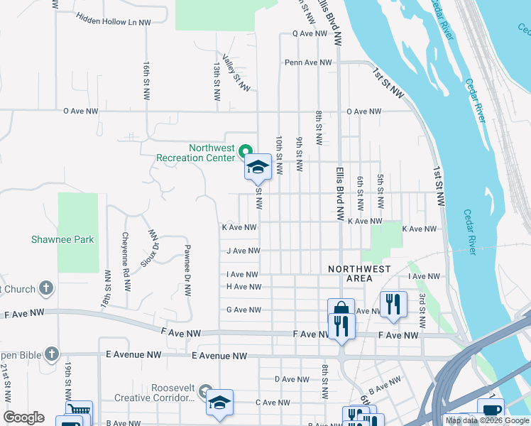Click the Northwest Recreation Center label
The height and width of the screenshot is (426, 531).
195,153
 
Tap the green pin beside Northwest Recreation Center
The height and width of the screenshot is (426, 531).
246,151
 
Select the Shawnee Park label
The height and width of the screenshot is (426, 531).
62,240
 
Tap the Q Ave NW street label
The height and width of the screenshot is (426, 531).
312,33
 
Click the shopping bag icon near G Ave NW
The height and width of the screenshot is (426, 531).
341,310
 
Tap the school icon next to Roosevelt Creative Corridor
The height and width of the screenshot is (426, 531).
220,402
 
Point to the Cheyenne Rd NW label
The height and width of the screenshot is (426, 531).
126,253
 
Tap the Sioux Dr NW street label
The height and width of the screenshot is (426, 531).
150,247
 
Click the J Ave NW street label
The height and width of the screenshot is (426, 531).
243,251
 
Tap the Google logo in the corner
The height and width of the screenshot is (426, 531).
23,417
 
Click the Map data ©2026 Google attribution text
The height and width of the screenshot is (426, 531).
487,420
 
